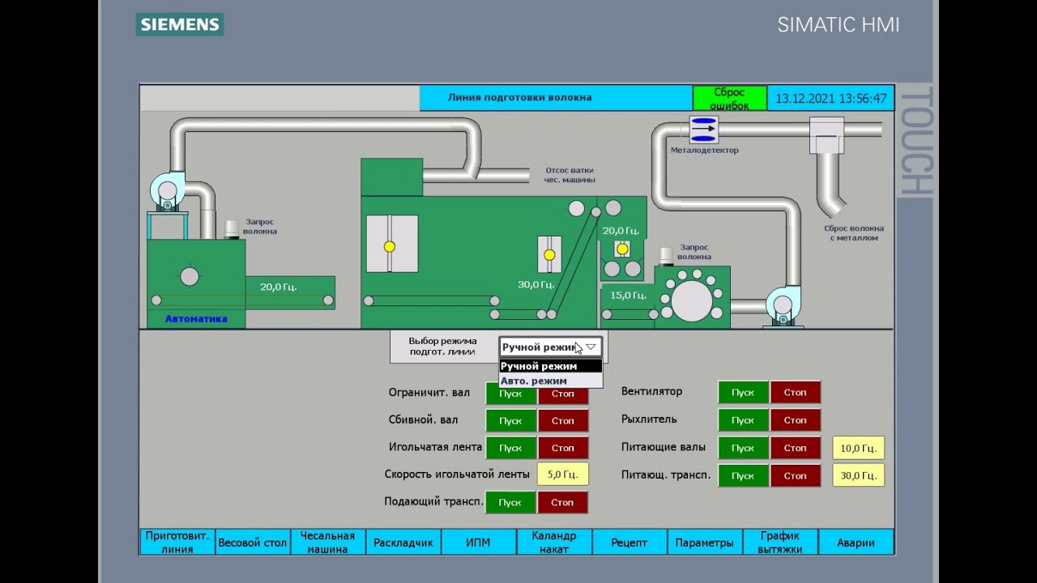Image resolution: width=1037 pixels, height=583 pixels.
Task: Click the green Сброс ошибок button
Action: coord(730,98)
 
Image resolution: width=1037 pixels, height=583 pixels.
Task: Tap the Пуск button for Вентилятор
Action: coord(743,393)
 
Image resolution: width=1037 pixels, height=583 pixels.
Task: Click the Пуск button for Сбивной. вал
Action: coord(510,420)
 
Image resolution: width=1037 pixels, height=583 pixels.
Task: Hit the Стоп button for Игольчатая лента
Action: coord(563,448)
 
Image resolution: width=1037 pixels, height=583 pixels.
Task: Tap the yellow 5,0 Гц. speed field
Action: coord(562,474)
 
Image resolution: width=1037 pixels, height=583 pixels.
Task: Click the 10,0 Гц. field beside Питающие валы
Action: coord(858,448)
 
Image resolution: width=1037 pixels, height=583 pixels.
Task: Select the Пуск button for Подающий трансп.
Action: coord(510,503)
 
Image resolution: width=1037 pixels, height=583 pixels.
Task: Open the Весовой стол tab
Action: coord(253,543)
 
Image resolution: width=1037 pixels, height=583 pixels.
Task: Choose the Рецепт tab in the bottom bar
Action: coord(629,543)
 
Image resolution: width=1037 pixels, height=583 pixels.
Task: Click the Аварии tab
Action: coord(856,543)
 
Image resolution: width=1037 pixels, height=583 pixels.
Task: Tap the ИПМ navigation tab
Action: coord(478,543)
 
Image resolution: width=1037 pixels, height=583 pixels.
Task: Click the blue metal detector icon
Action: coord(704,130)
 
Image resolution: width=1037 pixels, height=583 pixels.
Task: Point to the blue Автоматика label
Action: coord(196,319)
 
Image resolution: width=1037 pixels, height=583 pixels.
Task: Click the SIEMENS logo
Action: coord(180,24)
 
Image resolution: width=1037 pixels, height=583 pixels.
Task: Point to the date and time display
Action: coord(831,99)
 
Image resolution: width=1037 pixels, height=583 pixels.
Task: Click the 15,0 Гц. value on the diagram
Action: coord(628,296)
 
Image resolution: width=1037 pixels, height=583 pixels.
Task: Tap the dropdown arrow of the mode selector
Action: coord(591,347)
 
